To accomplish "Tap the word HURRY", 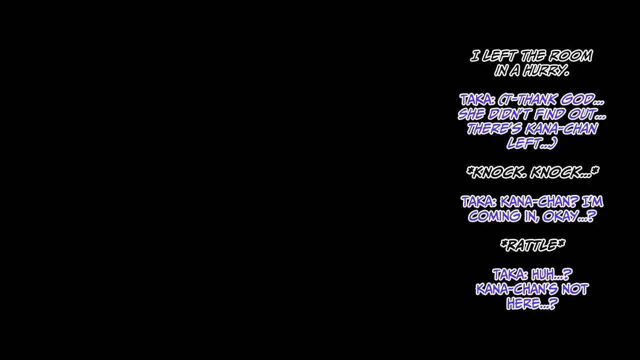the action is click(x=546, y=70).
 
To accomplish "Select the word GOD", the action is click(x=582, y=99).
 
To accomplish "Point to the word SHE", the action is click(x=471, y=114).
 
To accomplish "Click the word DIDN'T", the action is click(x=509, y=114).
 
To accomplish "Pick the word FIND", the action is click(x=549, y=114).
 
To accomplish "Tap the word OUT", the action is click(x=587, y=114).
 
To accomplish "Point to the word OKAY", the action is click(x=569, y=216).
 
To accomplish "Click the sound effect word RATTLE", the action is click(x=532, y=245).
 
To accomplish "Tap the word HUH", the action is click(x=551, y=275).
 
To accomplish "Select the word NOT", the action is click(x=575, y=289).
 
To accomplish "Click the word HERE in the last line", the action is click(x=532, y=303).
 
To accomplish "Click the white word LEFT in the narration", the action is click(x=499, y=55).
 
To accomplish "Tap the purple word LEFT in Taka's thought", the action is click(x=532, y=143).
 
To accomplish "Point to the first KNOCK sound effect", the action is click(x=499, y=172).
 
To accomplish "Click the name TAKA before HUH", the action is click(x=510, y=275).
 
